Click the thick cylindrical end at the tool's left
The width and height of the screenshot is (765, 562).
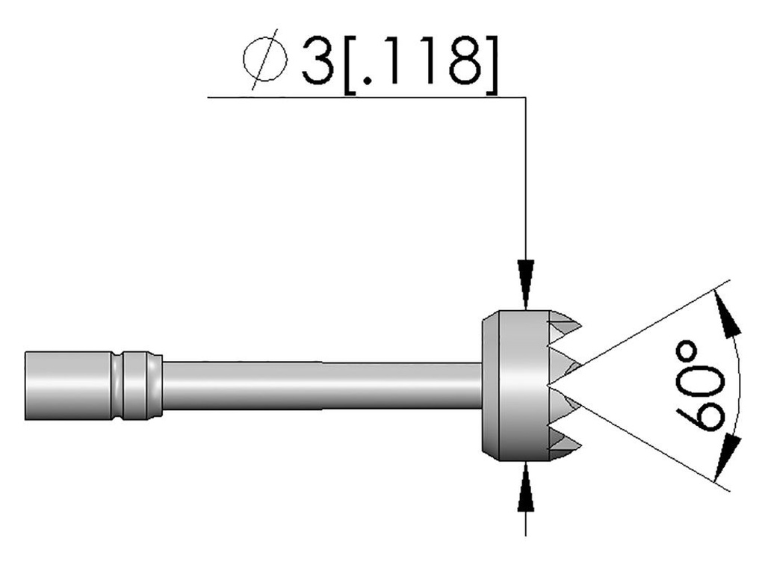[x=67, y=385]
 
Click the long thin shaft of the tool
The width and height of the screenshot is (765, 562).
[x=321, y=385]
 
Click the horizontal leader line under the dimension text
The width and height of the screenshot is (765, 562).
[x=359, y=97]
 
